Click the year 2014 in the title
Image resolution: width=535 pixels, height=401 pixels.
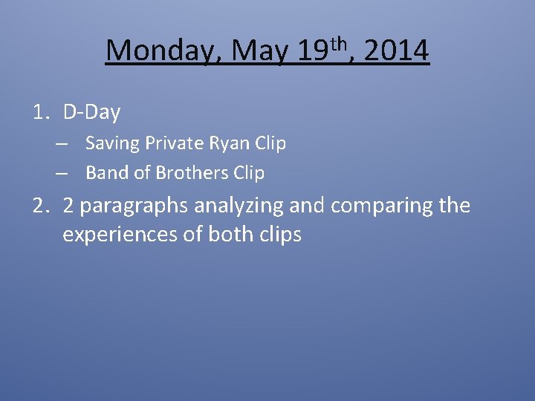(397, 51)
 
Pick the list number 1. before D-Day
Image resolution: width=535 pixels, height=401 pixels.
(42, 113)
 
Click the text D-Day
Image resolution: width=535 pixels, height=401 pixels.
(91, 113)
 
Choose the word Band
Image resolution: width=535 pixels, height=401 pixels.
(103, 173)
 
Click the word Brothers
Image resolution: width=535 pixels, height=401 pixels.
(186, 173)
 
